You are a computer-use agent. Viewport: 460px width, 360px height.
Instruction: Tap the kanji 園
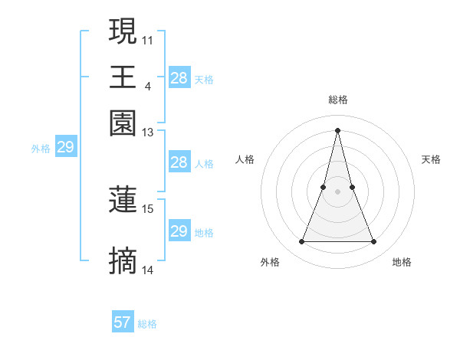[x=123, y=123]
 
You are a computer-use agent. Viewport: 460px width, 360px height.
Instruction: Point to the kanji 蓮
[x=123, y=200]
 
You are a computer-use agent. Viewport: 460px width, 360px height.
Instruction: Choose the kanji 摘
[x=123, y=261]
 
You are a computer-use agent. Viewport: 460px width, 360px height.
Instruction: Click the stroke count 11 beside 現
[x=147, y=39]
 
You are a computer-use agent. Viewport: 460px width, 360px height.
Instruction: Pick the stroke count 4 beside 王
[x=147, y=85]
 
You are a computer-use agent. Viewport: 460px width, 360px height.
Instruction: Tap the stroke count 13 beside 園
[x=147, y=132]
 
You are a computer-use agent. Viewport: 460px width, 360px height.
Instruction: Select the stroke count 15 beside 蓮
[x=147, y=208]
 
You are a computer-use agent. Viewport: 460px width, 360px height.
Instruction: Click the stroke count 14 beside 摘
[x=147, y=270]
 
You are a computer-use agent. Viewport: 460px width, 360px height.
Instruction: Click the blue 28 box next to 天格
[x=179, y=78]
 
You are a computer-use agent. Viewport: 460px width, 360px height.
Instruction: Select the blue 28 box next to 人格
[x=179, y=162]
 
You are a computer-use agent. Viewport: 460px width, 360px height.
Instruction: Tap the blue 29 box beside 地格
[x=179, y=231]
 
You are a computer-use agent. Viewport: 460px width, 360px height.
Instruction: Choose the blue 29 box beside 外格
[x=65, y=147]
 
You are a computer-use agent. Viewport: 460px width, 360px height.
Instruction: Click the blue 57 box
[x=123, y=322]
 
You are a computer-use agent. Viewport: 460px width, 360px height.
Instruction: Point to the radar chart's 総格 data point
[x=337, y=129]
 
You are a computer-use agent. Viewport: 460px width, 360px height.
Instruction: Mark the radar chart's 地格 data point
[x=374, y=242]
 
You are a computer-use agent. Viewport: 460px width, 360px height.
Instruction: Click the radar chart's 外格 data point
[x=301, y=242]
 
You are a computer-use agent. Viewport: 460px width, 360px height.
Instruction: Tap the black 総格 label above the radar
[x=337, y=100]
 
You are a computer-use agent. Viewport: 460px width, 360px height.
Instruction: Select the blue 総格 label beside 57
[x=147, y=324]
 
